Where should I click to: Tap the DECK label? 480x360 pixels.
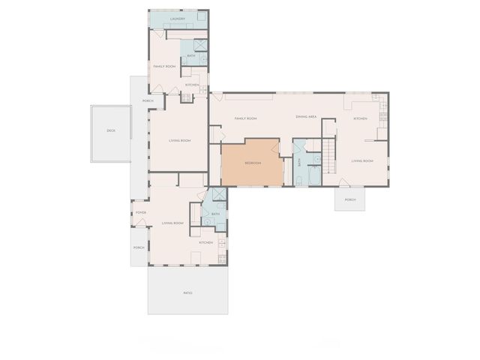[111, 130]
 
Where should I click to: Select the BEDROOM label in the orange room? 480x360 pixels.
[253, 163]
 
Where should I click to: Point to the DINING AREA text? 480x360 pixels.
[306, 118]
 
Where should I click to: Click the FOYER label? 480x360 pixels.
[140, 213]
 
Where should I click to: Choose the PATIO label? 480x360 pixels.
[187, 292]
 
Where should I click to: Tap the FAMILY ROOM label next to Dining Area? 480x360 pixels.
[246, 118]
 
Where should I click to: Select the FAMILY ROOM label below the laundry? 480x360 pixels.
[164, 66]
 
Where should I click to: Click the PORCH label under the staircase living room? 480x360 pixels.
[350, 199]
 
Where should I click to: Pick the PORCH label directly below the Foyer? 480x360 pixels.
[139, 247]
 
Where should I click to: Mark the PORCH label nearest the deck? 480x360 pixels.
[148, 100]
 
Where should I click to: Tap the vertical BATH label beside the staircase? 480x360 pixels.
[299, 162]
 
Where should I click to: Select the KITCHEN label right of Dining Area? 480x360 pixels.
[361, 118]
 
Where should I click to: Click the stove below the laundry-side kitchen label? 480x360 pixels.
[186, 97]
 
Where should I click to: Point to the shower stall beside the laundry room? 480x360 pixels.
[200, 45]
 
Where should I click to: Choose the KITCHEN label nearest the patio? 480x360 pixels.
[206, 242]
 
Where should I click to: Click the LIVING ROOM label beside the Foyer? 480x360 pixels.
[173, 223]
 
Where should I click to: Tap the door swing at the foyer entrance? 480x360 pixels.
[140, 222]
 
